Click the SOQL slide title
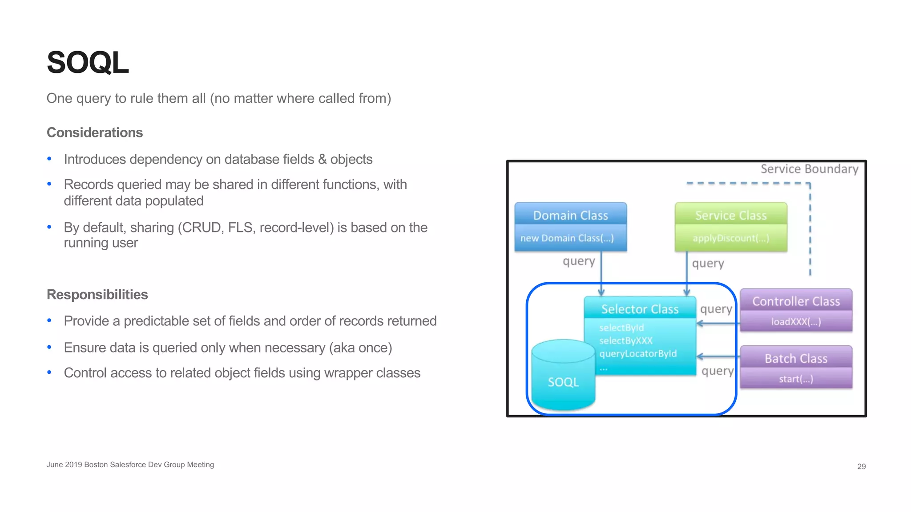(x=88, y=63)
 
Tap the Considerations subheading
(x=95, y=132)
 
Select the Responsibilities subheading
(x=97, y=294)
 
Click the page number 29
(x=861, y=466)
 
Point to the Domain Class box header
(x=570, y=215)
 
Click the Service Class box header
(x=730, y=215)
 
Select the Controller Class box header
(x=796, y=301)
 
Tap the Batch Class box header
(x=796, y=358)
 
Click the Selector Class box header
(x=640, y=309)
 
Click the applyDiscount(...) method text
(x=730, y=238)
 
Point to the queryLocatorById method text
(x=638, y=354)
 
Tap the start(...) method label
(x=796, y=379)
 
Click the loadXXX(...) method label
(x=796, y=322)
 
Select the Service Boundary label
(x=809, y=169)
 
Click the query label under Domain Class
(x=579, y=261)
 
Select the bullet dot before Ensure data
(x=49, y=347)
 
